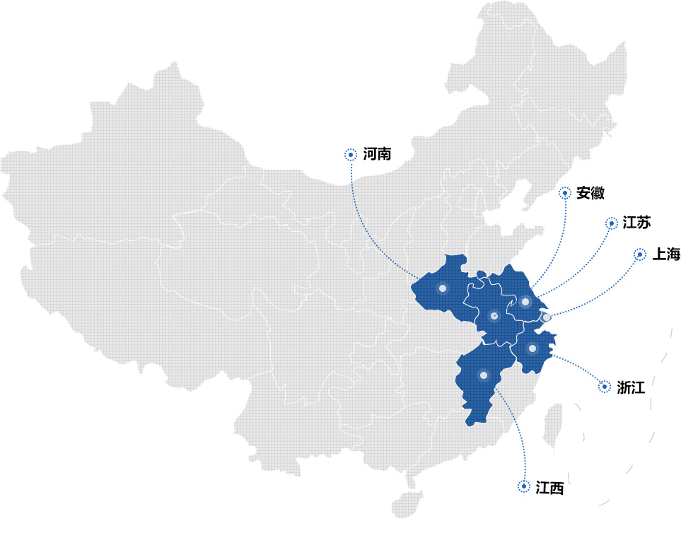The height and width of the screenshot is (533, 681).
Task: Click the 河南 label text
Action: pos(377,154)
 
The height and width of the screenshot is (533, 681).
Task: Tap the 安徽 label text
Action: pos(590,193)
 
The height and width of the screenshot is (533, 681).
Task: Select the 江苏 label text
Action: pos(636,223)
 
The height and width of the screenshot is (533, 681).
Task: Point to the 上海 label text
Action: pos(666,254)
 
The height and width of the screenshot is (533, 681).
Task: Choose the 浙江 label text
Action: pos(630,387)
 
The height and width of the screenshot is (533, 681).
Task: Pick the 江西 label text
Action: pos(549,487)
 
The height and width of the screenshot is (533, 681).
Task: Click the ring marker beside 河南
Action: pos(350,154)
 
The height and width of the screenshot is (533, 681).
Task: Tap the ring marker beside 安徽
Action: pos(564,193)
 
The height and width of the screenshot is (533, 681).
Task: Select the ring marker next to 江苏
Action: pos(612,223)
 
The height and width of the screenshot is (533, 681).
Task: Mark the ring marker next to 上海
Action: pos(640,254)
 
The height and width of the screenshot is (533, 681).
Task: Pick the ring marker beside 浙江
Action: pos(605,387)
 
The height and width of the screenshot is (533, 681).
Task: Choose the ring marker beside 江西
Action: pos(524,486)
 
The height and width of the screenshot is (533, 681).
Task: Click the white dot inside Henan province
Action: pos(443,288)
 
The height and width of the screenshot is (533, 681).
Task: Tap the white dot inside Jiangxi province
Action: pos(484,375)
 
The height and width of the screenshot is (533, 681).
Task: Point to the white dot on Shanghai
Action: pos(547,317)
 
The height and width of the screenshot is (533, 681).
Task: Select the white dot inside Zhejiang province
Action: pos(532,348)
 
